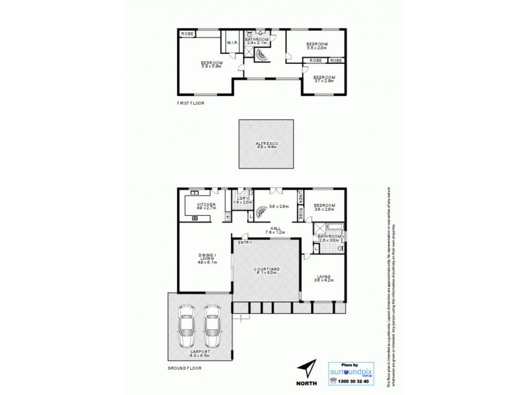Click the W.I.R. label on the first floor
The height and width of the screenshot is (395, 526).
(x=232, y=43)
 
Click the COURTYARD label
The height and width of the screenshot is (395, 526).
(x=266, y=269)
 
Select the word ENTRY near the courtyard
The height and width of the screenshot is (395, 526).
(x=245, y=242)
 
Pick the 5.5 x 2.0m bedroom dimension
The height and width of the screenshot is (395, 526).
(x=317, y=48)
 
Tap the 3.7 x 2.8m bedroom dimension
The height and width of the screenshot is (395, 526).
(x=324, y=81)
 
